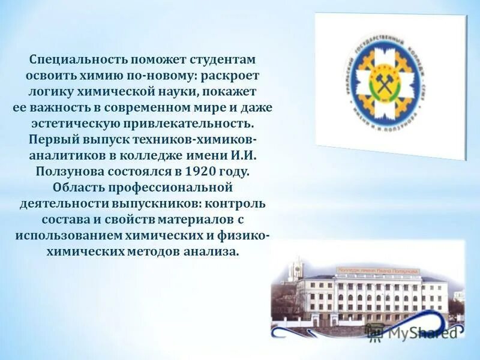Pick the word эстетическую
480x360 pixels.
pos(77,124)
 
